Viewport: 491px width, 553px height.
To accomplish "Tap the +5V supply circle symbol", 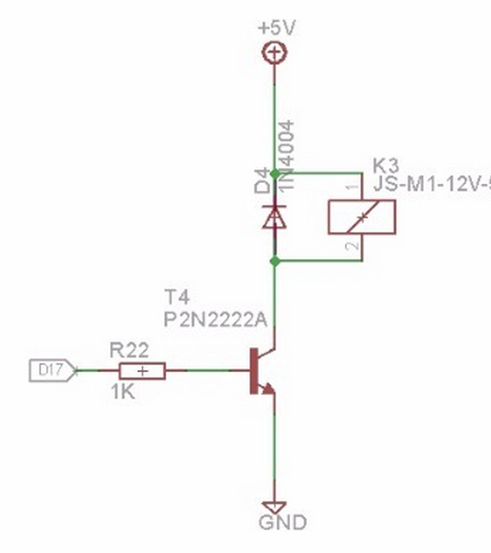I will click(x=275, y=53).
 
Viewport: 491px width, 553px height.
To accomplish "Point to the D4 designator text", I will click(x=263, y=180).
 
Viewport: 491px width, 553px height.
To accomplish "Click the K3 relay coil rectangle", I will click(x=359, y=217).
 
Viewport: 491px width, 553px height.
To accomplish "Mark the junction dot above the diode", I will click(x=275, y=174).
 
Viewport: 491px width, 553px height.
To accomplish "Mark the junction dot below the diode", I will click(x=275, y=261).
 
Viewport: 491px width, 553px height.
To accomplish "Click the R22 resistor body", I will click(x=142, y=371).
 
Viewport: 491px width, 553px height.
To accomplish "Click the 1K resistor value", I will click(x=122, y=391).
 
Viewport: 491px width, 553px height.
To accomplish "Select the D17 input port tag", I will click(x=52, y=371).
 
